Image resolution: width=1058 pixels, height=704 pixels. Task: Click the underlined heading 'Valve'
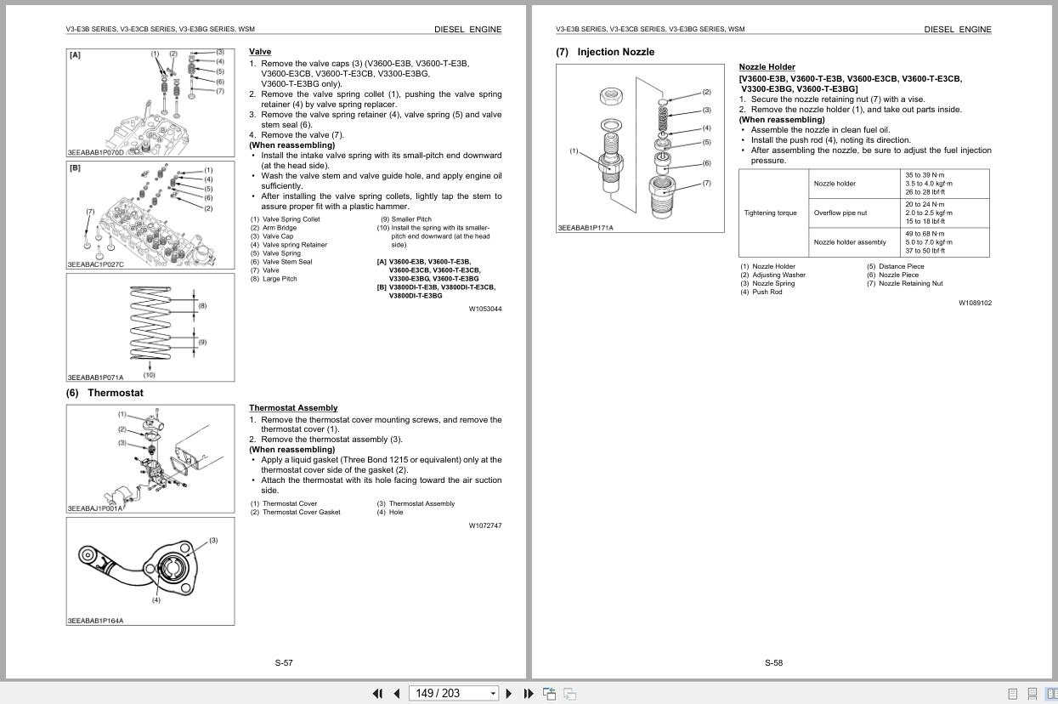click(260, 52)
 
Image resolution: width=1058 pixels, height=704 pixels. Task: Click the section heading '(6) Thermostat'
click(105, 393)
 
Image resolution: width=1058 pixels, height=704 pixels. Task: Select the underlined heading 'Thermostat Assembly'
click(293, 408)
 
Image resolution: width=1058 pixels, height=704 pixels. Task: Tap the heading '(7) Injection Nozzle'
click(605, 52)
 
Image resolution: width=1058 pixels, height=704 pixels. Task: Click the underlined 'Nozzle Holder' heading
click(767, 67)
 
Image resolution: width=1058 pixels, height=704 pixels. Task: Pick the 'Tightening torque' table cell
click(770, 213)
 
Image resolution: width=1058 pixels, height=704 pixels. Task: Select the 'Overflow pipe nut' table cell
click(840, 213)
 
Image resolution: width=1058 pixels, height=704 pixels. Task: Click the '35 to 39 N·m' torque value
click(925, 175)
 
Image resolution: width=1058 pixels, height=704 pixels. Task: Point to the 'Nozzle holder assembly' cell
click(850, 242)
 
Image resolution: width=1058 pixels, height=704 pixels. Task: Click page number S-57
click(284, 663)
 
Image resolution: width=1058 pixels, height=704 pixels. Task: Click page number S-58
click(773, 663)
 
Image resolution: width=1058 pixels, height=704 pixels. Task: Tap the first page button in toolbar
click(377, 694)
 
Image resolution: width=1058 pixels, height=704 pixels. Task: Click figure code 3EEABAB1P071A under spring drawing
click(95, 378)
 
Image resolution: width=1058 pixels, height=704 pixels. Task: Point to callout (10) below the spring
click(150, 375)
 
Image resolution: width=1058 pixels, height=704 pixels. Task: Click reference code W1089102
click(975, 303)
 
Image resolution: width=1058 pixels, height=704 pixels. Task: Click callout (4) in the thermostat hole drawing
click(156, 600)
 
